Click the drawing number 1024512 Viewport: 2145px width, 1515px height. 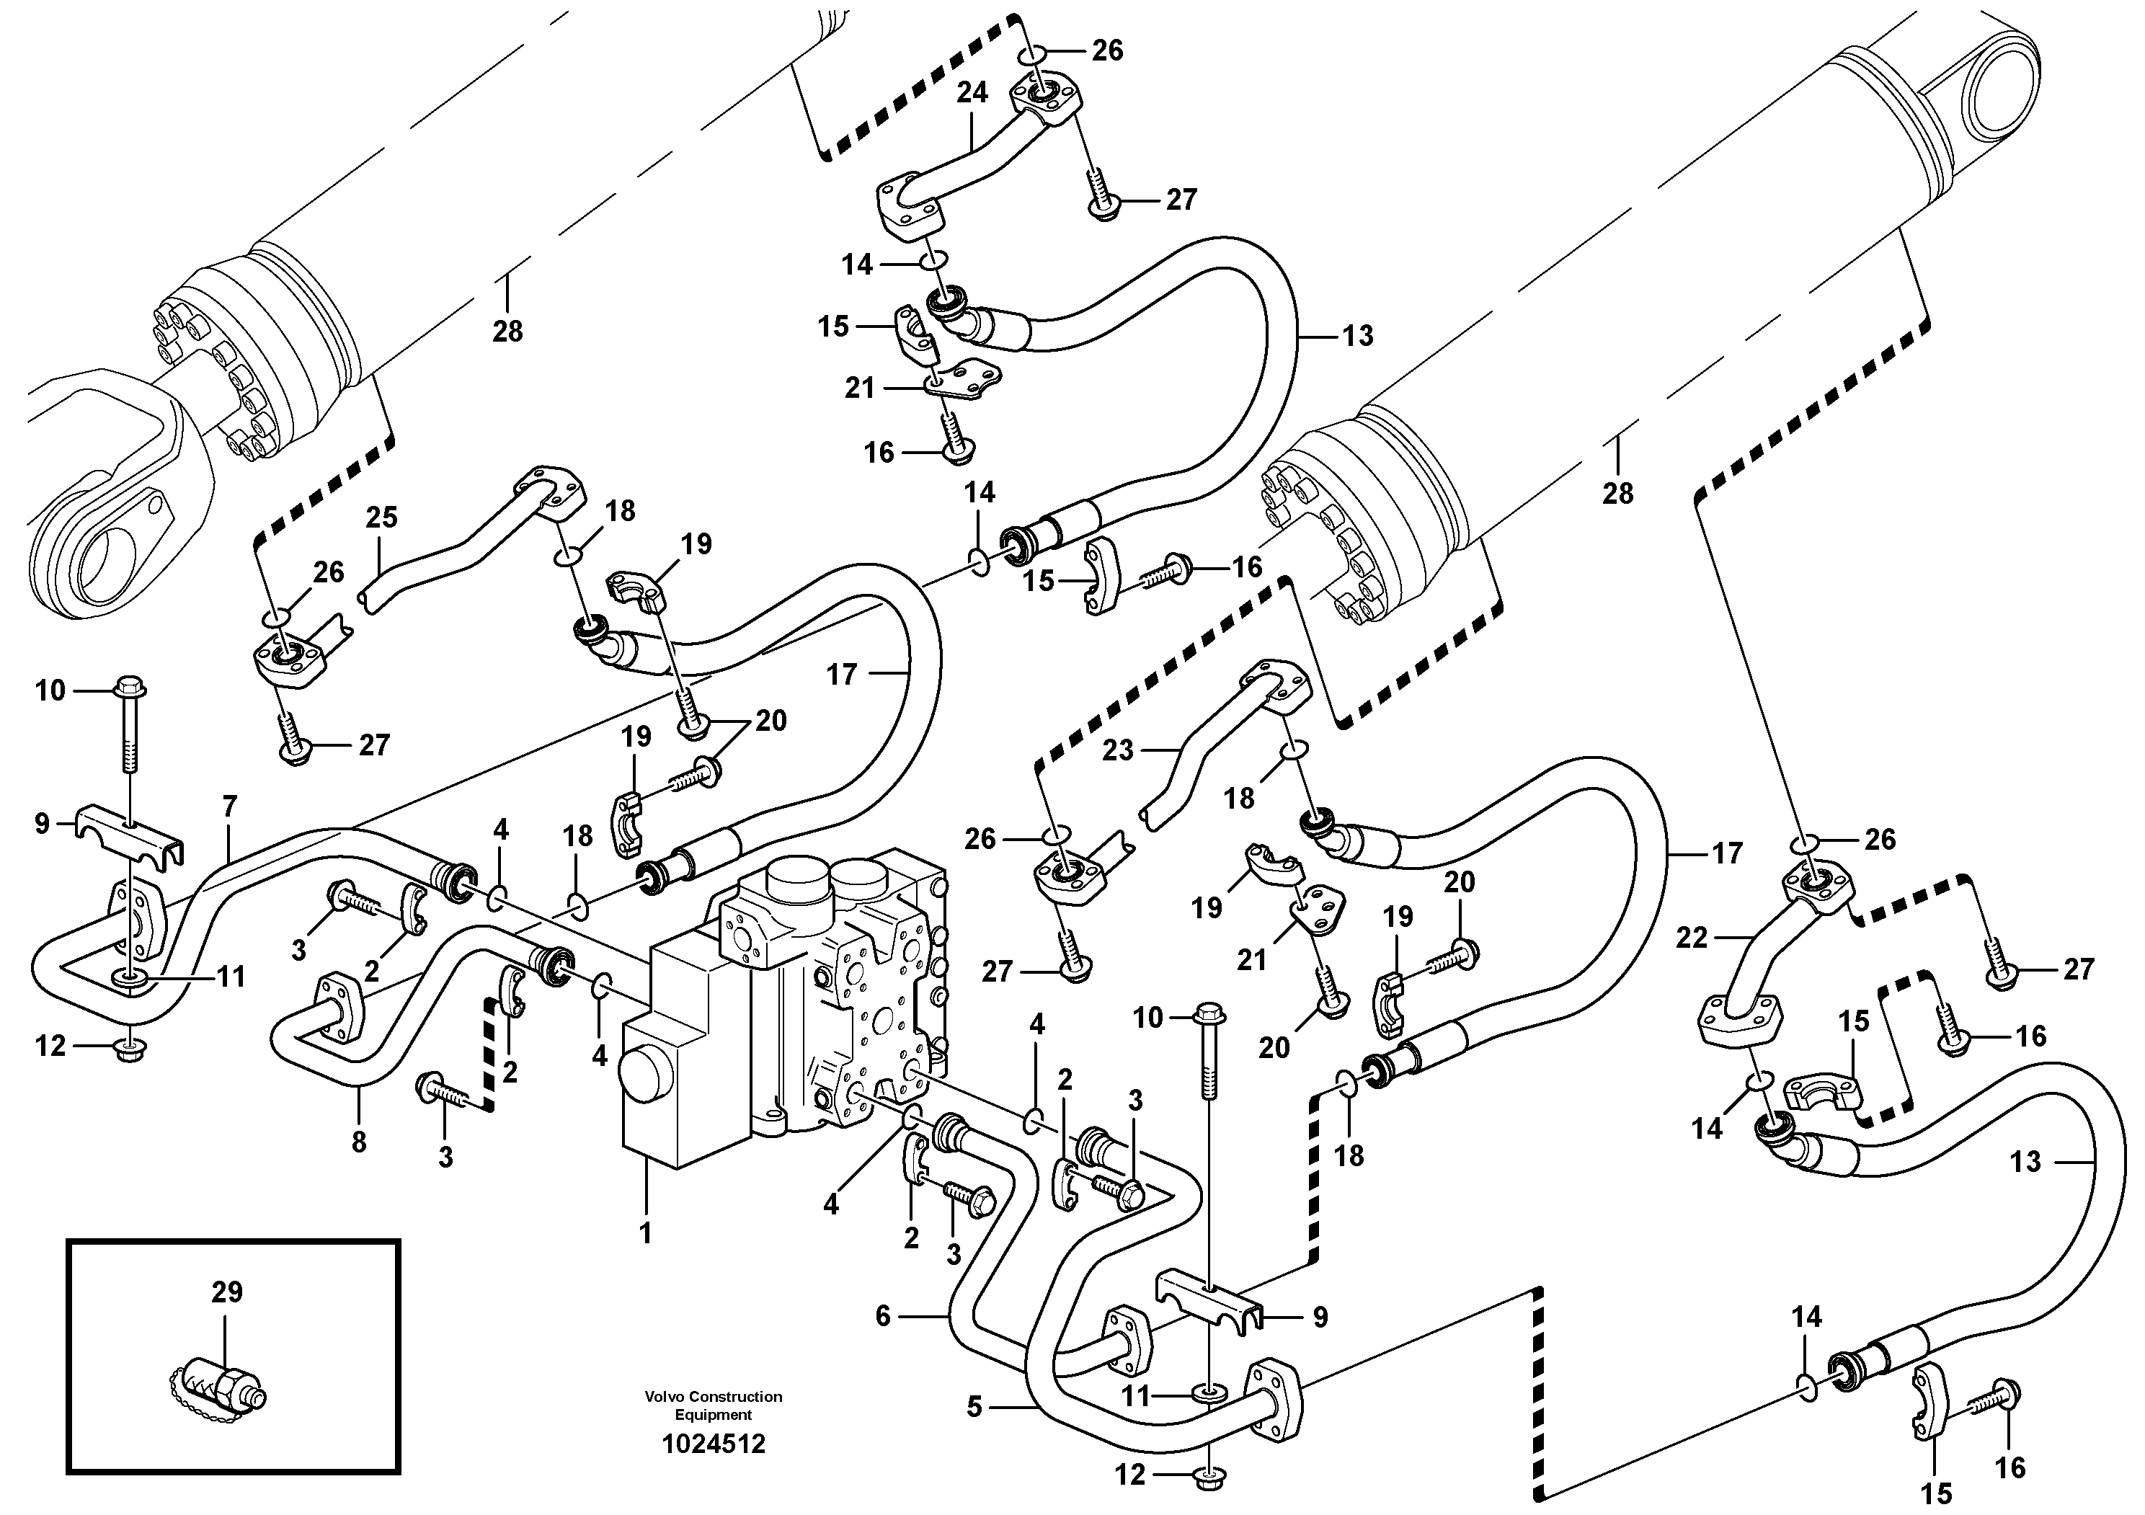coord(713,1445)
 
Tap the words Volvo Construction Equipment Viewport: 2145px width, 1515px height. coord(713,1405)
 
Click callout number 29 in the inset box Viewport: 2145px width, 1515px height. coord(227,1293)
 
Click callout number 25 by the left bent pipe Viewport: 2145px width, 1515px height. coord(381,517)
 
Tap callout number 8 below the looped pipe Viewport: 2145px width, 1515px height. coord(359,1142)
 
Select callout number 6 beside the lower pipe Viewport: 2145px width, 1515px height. coord(883,1316)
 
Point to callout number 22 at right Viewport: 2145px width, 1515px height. coord(1691,937)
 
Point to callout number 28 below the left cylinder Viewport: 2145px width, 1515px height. coord(507,331)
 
